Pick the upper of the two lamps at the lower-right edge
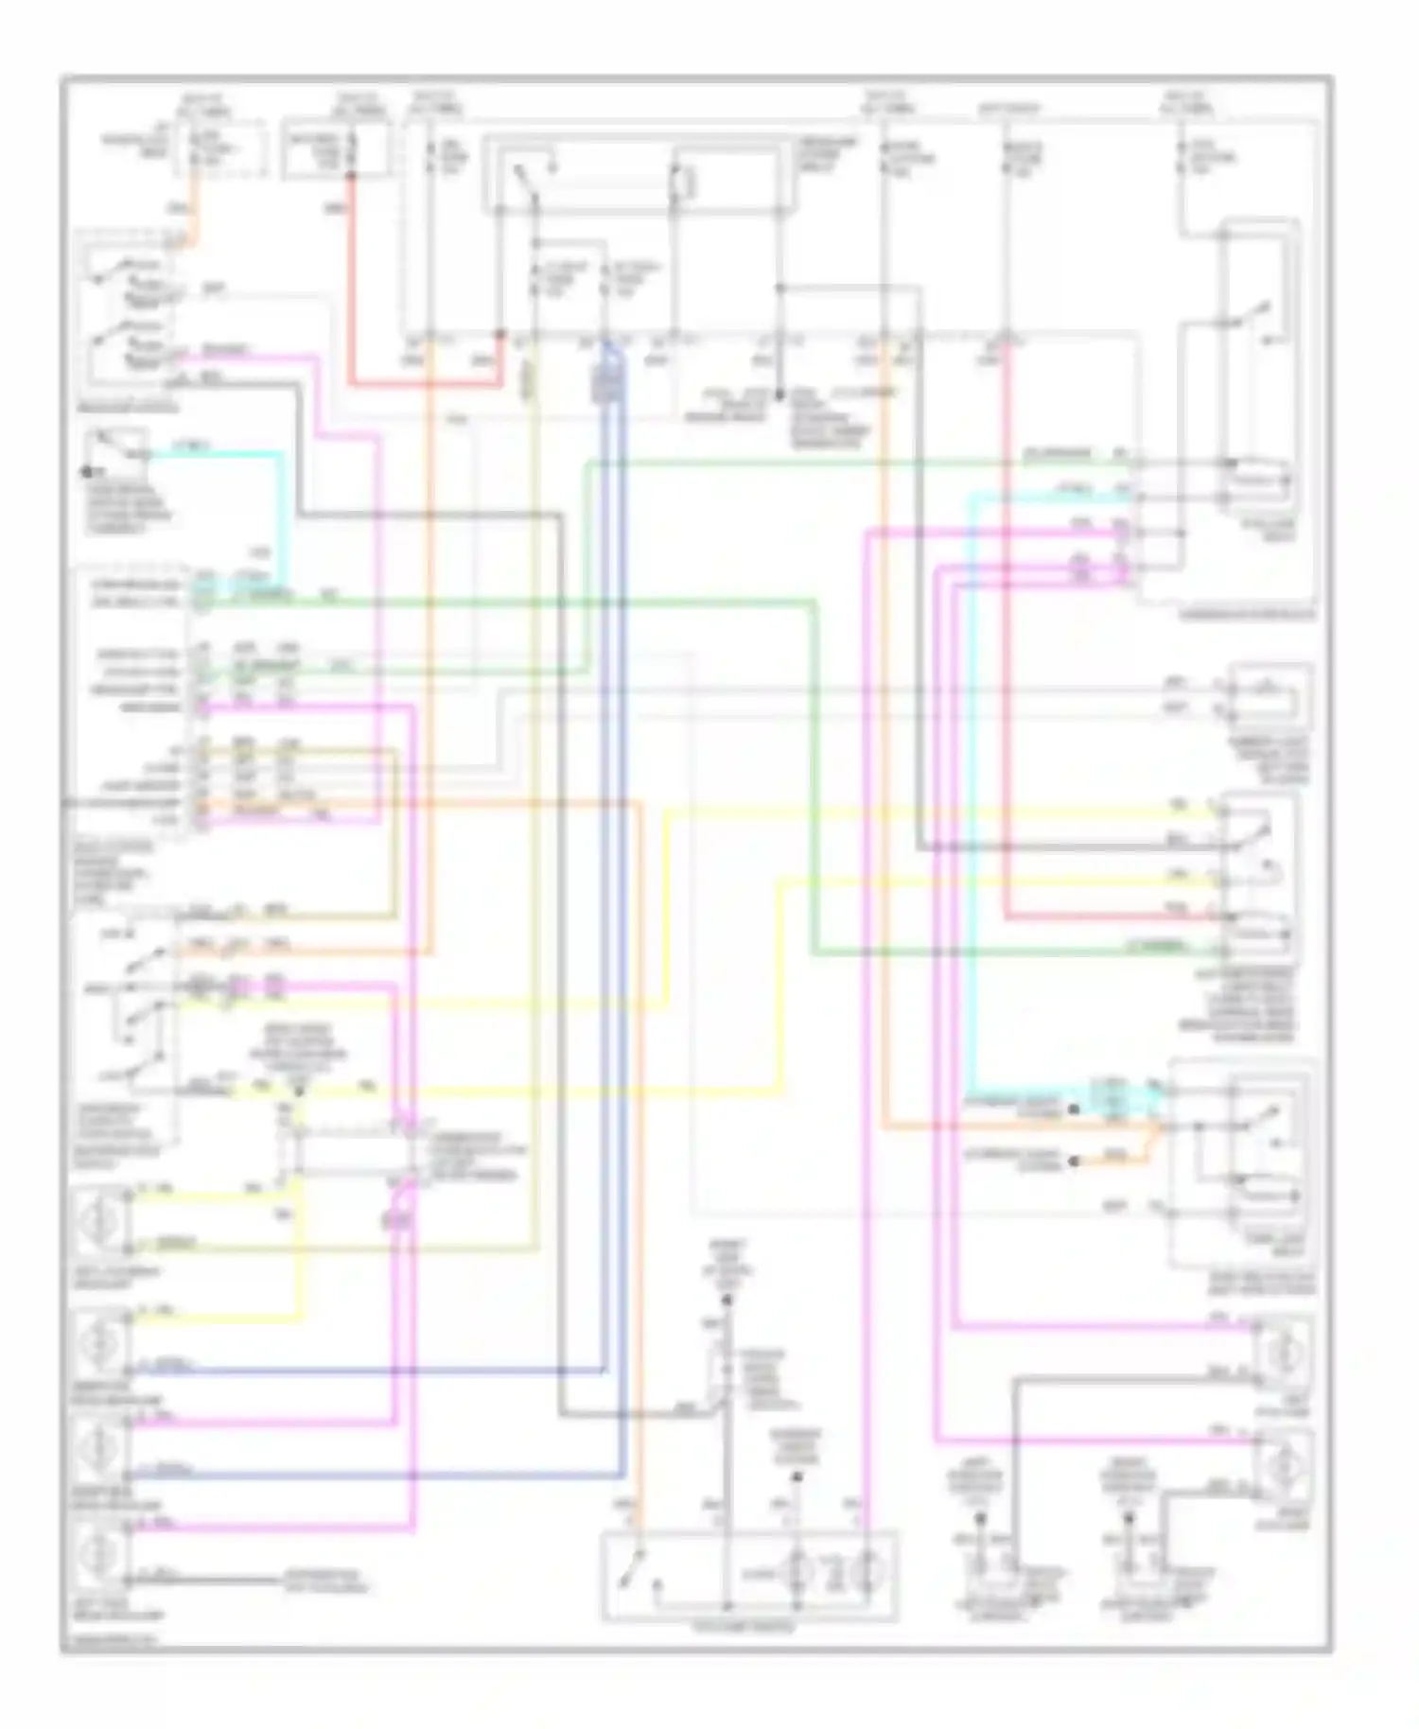[1284, 1354]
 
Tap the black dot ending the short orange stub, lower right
[1074, 1161]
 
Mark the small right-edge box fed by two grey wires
[1272, 695]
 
